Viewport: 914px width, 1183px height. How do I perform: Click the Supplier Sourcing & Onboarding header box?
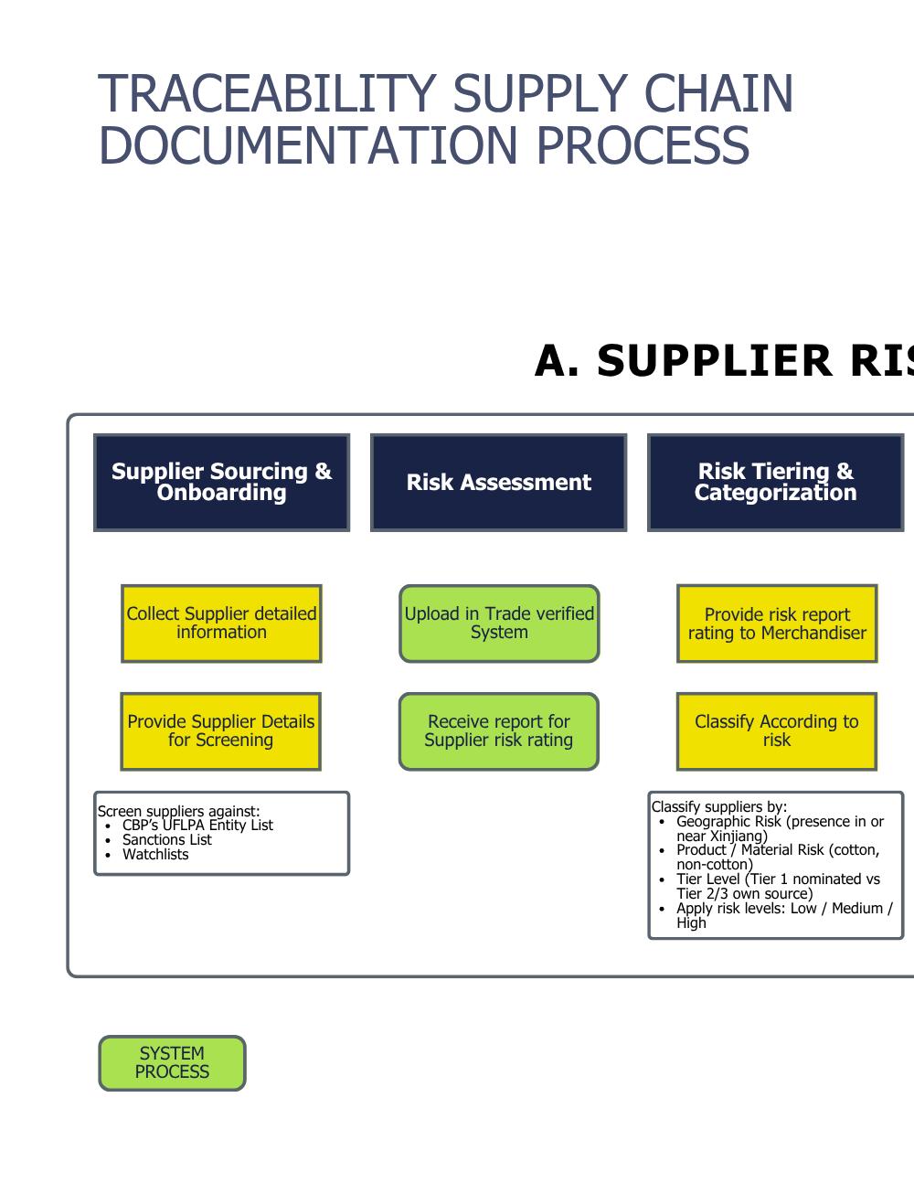tap(221, 482)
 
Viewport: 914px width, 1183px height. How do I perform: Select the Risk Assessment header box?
tap(498, 482)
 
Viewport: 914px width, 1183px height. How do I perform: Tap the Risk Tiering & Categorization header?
tap(775, 482)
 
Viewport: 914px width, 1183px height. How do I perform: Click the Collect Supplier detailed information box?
tap(221, 623)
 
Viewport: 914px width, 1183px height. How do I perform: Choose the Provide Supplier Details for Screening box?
tap(220, 731)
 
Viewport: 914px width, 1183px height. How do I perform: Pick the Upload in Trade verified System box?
tap(499, 623)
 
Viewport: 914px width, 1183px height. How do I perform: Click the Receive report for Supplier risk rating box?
tap(498, 731)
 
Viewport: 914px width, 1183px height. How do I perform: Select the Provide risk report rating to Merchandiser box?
tap(777, 623)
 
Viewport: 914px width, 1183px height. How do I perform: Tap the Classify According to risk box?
tap(776, 731)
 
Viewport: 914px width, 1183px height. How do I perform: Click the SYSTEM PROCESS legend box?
tap(172, 1062)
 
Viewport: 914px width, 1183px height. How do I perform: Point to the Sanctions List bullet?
tap(166, 840)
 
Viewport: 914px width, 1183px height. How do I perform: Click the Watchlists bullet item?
tap(155, 855)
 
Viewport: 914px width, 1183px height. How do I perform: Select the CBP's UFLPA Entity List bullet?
tap(197, 826)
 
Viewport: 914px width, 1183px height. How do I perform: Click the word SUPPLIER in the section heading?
tap(713, 361)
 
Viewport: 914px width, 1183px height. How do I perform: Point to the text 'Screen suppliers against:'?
tap(178, 811)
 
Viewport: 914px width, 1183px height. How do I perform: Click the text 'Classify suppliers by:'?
tap(718, 806)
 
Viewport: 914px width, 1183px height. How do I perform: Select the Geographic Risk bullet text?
tap(780, 828)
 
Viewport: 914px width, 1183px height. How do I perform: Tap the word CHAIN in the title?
tap(718, 94)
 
